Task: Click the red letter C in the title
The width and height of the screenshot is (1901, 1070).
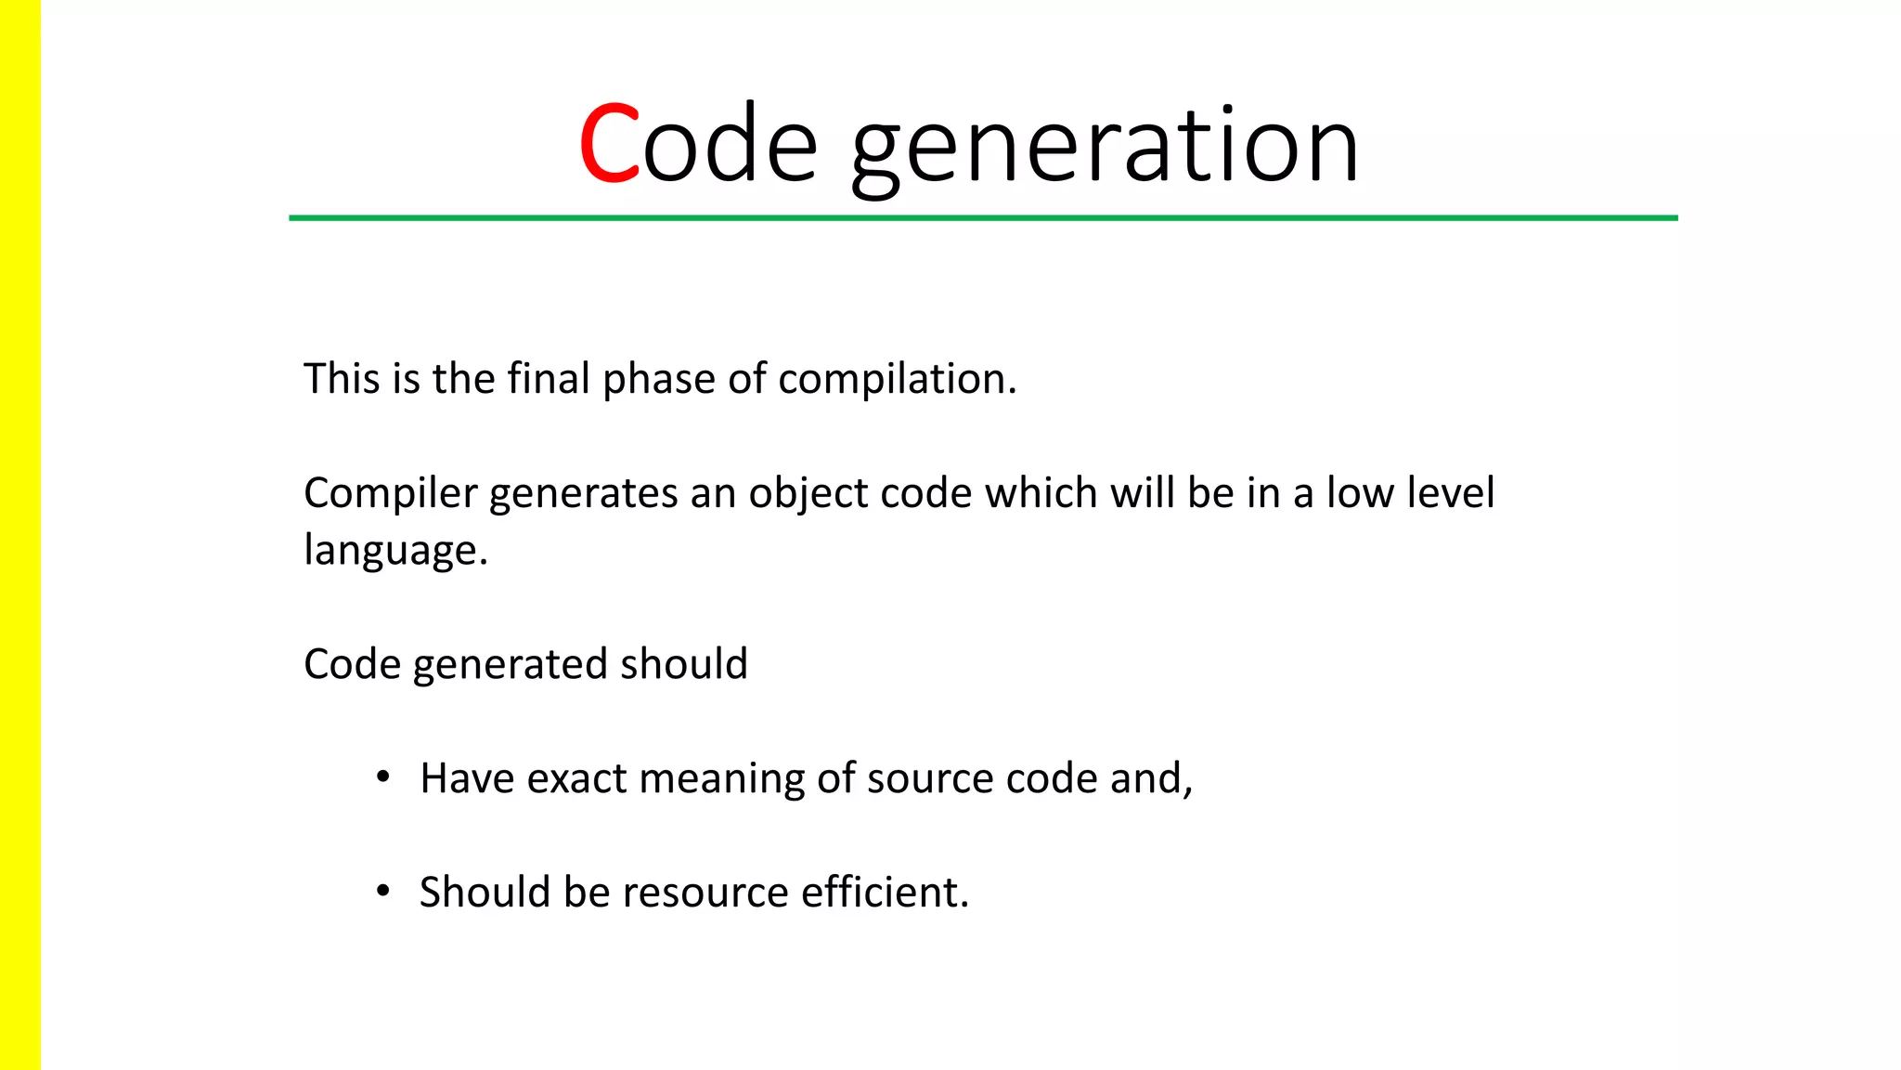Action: pos(609,144)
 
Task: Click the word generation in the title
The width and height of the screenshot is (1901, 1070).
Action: pos(1105,149)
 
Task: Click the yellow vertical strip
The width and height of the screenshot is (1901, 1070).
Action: pos(19,535)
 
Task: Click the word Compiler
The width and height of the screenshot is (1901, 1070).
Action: pos(390,494)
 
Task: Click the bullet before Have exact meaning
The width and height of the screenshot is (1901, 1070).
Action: pos(382,777)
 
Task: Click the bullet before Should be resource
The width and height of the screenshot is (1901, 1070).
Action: pos(382,892)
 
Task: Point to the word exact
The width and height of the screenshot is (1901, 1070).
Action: pos(576,778)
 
